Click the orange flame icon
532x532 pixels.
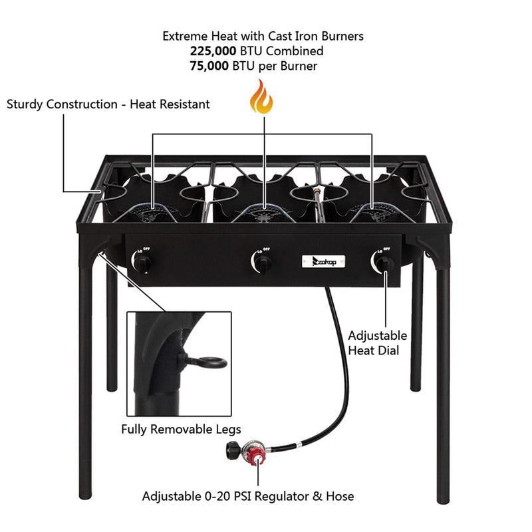tap(261, 98)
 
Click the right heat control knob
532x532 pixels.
tap(384, 264)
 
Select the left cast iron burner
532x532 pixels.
tap(154, 212)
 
